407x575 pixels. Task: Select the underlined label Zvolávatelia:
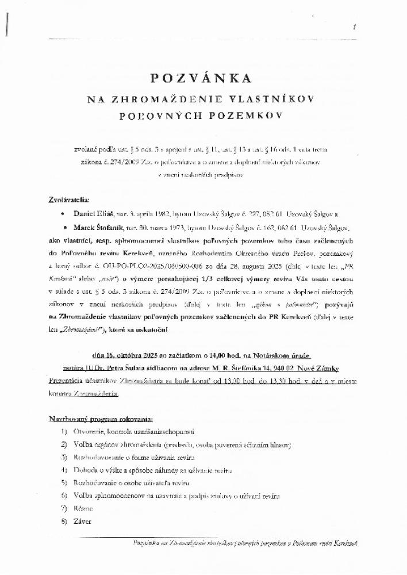(69, 200)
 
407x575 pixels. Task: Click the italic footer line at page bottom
(245, 542)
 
